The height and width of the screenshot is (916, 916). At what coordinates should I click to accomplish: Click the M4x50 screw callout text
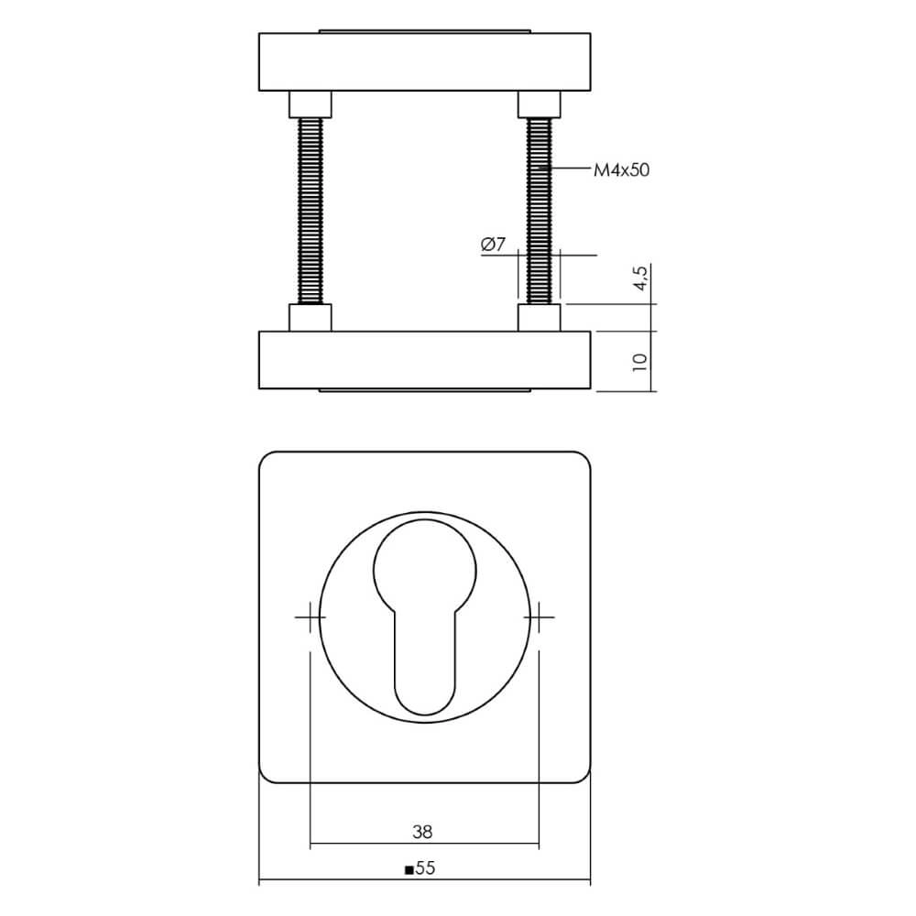point(622,169)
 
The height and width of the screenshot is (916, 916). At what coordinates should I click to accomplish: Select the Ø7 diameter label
point(493,245)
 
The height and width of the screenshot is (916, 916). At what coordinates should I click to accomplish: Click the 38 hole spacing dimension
point(421,832)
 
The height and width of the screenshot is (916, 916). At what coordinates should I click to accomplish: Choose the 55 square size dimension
point(424,869)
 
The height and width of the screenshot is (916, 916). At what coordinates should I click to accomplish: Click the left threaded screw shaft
point(311,211)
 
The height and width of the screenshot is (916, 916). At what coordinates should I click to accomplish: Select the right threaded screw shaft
point(539,211)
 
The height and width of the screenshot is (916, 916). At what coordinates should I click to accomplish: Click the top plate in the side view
point(425,62)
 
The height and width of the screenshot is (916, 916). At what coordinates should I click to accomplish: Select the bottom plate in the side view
point(425,361)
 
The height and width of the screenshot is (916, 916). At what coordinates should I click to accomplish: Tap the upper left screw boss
point(311,104)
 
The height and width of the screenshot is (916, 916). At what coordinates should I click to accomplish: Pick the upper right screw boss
point(539,104)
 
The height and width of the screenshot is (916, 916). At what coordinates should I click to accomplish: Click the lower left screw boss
point(311,317)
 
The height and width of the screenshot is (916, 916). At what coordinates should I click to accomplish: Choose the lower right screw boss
point(539,317)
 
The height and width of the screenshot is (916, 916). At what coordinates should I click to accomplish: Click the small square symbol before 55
point(409,870)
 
